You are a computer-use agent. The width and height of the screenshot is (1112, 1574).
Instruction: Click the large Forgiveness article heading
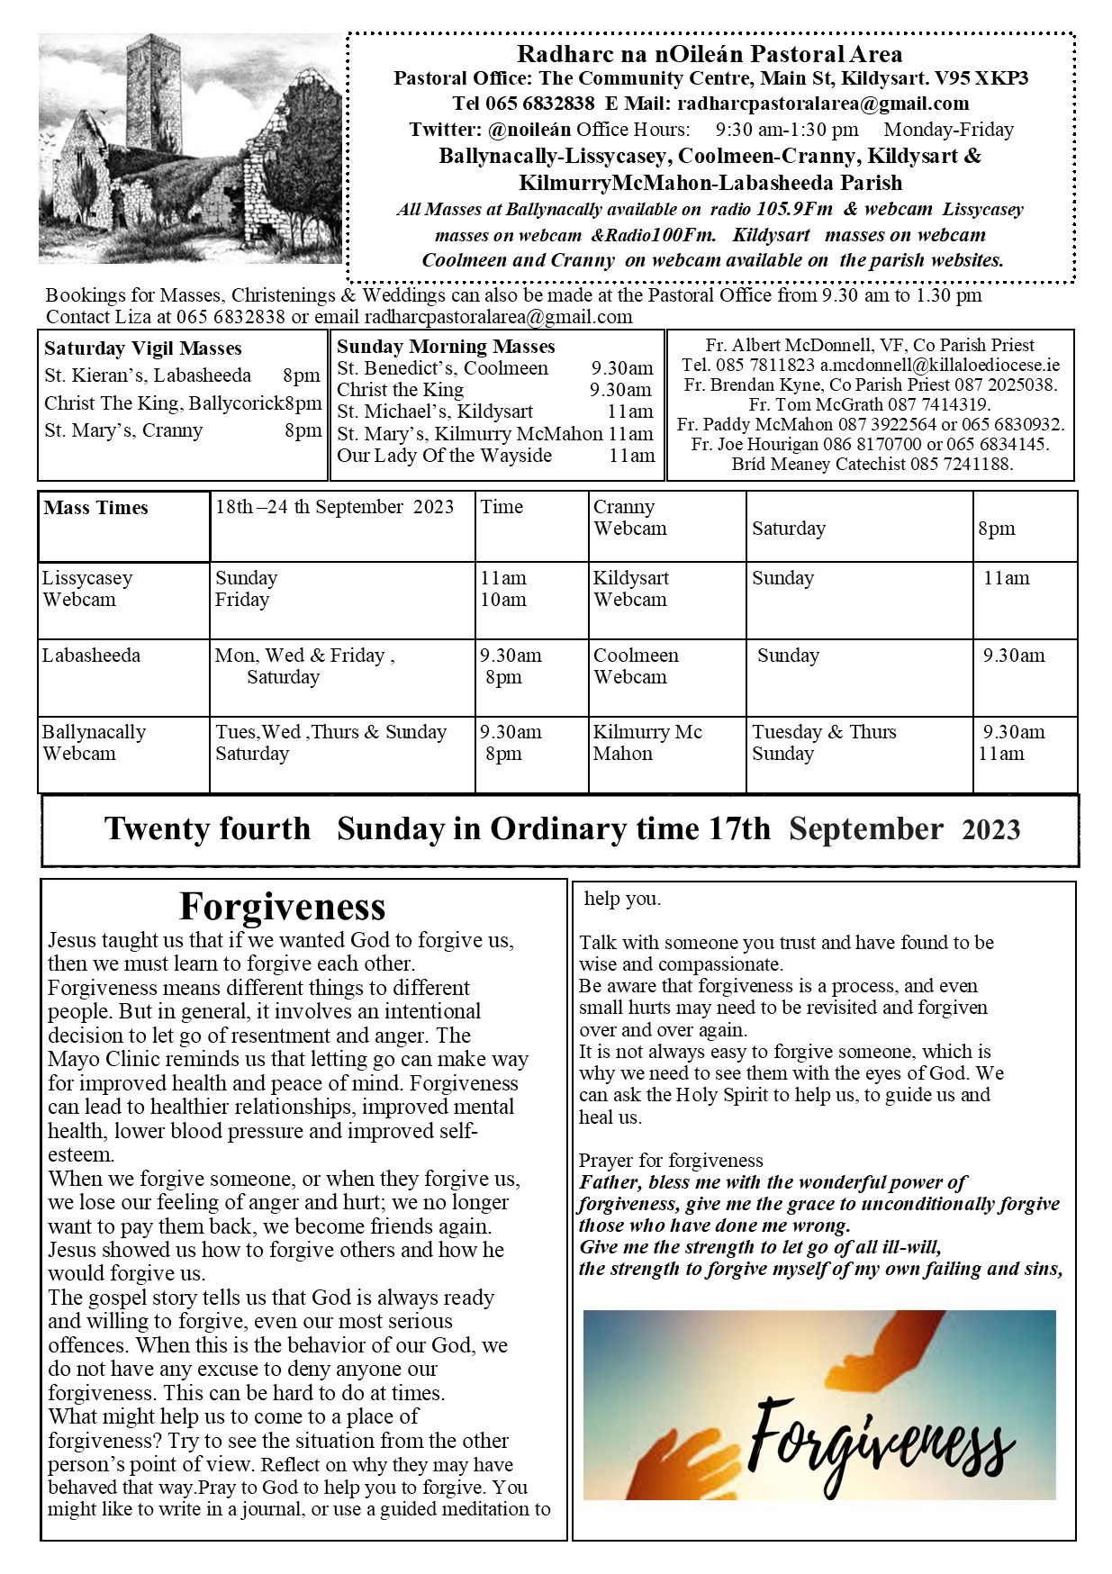click(282, 906)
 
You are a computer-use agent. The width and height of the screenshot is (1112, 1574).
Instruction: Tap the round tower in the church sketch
click(153, 99)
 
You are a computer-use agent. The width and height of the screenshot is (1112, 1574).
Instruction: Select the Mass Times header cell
click(95, 508)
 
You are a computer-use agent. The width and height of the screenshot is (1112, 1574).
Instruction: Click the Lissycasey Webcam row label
click(87, 589)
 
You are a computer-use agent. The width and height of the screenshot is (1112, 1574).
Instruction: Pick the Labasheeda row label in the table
click(91, 656)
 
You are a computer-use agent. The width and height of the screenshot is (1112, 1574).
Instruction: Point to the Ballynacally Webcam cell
click(94, 743)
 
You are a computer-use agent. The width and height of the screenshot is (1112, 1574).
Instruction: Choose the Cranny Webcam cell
click(629, 518)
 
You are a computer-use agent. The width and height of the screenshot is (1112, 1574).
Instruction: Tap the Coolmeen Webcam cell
click(636, 666)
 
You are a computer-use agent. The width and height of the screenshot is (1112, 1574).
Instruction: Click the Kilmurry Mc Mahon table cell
click(646, 743)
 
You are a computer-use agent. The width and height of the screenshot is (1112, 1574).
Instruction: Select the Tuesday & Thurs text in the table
click(824, 732)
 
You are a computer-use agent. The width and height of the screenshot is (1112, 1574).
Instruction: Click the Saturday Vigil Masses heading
click(143, 348)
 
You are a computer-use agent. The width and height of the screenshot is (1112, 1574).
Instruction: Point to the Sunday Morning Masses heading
click(446, 347)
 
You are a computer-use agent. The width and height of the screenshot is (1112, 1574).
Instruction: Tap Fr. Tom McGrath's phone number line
click(870, 404)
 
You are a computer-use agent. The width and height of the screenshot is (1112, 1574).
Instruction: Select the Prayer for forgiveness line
click(671, 1161)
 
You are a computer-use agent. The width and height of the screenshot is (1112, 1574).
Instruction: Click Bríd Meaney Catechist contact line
click(872, 465)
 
